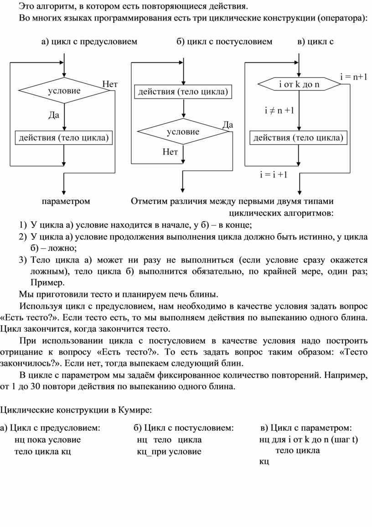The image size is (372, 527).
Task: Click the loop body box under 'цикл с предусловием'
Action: pos(63,138)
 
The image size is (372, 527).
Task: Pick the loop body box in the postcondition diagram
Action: pos(183,92)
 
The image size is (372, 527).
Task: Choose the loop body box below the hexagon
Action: pos(298,138)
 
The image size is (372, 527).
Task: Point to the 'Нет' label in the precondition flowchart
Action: pos(110,84)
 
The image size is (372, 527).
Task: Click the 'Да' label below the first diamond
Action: pos(54,115)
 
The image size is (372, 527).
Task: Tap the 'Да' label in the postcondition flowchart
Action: pos(227,125)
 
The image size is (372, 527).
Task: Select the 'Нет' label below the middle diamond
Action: pos(170,152)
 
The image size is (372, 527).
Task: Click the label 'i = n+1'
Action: pos(353,77)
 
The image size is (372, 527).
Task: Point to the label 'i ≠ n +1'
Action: pos(279,110)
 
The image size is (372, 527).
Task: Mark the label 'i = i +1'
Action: pos(274,174)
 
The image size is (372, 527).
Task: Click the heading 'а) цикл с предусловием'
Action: pos(89,41)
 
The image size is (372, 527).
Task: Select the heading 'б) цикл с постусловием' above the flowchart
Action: pos(224,41)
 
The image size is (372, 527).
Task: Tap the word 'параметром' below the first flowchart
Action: pos(66,201)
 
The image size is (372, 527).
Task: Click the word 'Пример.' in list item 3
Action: pos(47,282)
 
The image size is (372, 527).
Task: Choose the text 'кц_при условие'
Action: pos(169,451)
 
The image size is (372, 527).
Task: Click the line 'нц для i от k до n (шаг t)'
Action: pos(309,440)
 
